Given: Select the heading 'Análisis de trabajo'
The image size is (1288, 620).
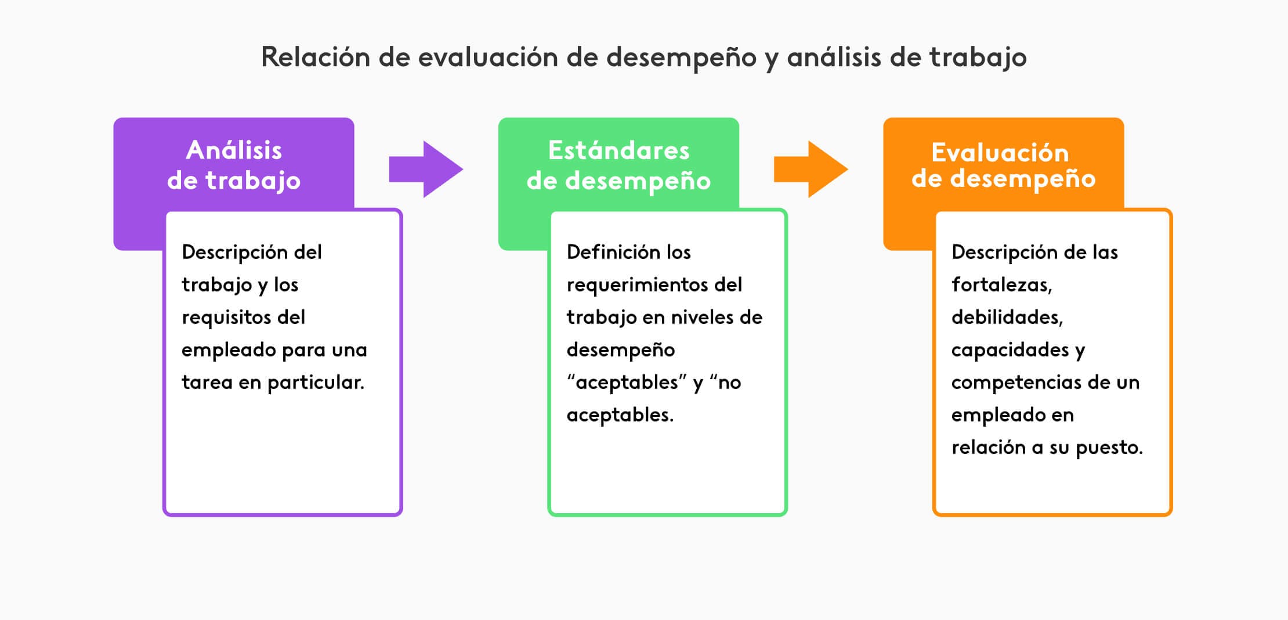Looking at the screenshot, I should [234, 165].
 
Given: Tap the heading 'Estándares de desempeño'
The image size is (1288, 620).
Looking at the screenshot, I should [618, 165].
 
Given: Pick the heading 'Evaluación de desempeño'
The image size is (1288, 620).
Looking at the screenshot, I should [1003, 165].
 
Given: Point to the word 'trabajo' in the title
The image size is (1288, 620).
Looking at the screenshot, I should [978, 57].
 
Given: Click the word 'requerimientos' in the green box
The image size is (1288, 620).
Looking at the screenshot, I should [638, 285].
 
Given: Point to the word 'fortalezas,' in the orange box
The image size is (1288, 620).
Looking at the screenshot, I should [1001, 285].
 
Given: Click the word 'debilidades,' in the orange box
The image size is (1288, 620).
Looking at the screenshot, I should [1007, 318].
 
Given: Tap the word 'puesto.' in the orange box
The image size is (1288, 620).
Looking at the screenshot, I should [1109, 448].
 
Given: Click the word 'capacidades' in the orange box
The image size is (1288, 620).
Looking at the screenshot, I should [1010, 350].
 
